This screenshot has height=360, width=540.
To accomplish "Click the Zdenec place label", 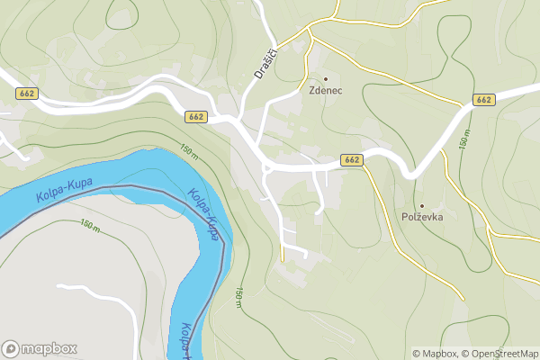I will tap(326, 92).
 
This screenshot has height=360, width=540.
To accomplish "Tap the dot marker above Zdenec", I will tap(326, 78).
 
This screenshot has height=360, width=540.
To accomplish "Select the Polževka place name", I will tap(422, 217).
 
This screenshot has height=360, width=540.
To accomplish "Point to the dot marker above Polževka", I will tap(421, 205).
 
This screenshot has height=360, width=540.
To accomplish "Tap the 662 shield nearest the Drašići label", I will tap(196, 117).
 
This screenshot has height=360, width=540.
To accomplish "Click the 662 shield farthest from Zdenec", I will tap(25, 93).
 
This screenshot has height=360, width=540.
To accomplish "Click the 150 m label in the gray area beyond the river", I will tap(89, 224).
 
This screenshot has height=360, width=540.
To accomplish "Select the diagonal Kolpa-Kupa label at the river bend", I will tap(205, 213).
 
